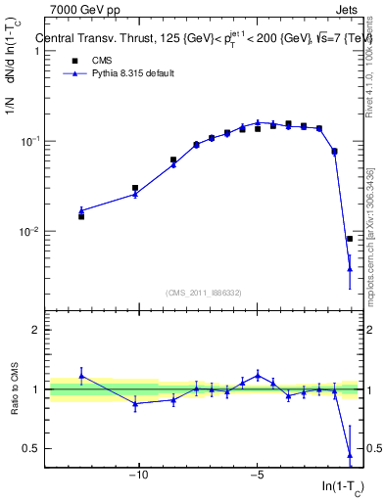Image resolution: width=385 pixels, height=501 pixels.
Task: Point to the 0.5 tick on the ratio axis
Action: pyautogui.click(x=33, y=448)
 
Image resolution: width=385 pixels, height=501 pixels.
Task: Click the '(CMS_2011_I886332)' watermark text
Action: pyautogui.click(x=204, y=292)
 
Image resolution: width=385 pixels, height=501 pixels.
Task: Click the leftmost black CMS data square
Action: pyautogui.click(x=81, y=216)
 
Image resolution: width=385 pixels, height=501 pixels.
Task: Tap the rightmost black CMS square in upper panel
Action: pyautogui.click(x=350, y=239)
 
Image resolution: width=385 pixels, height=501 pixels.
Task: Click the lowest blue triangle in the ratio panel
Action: pyautogui.click(x=350, y=455)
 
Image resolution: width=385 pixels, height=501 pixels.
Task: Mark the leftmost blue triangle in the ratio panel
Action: pyautogui.click(x=81, y=375)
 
